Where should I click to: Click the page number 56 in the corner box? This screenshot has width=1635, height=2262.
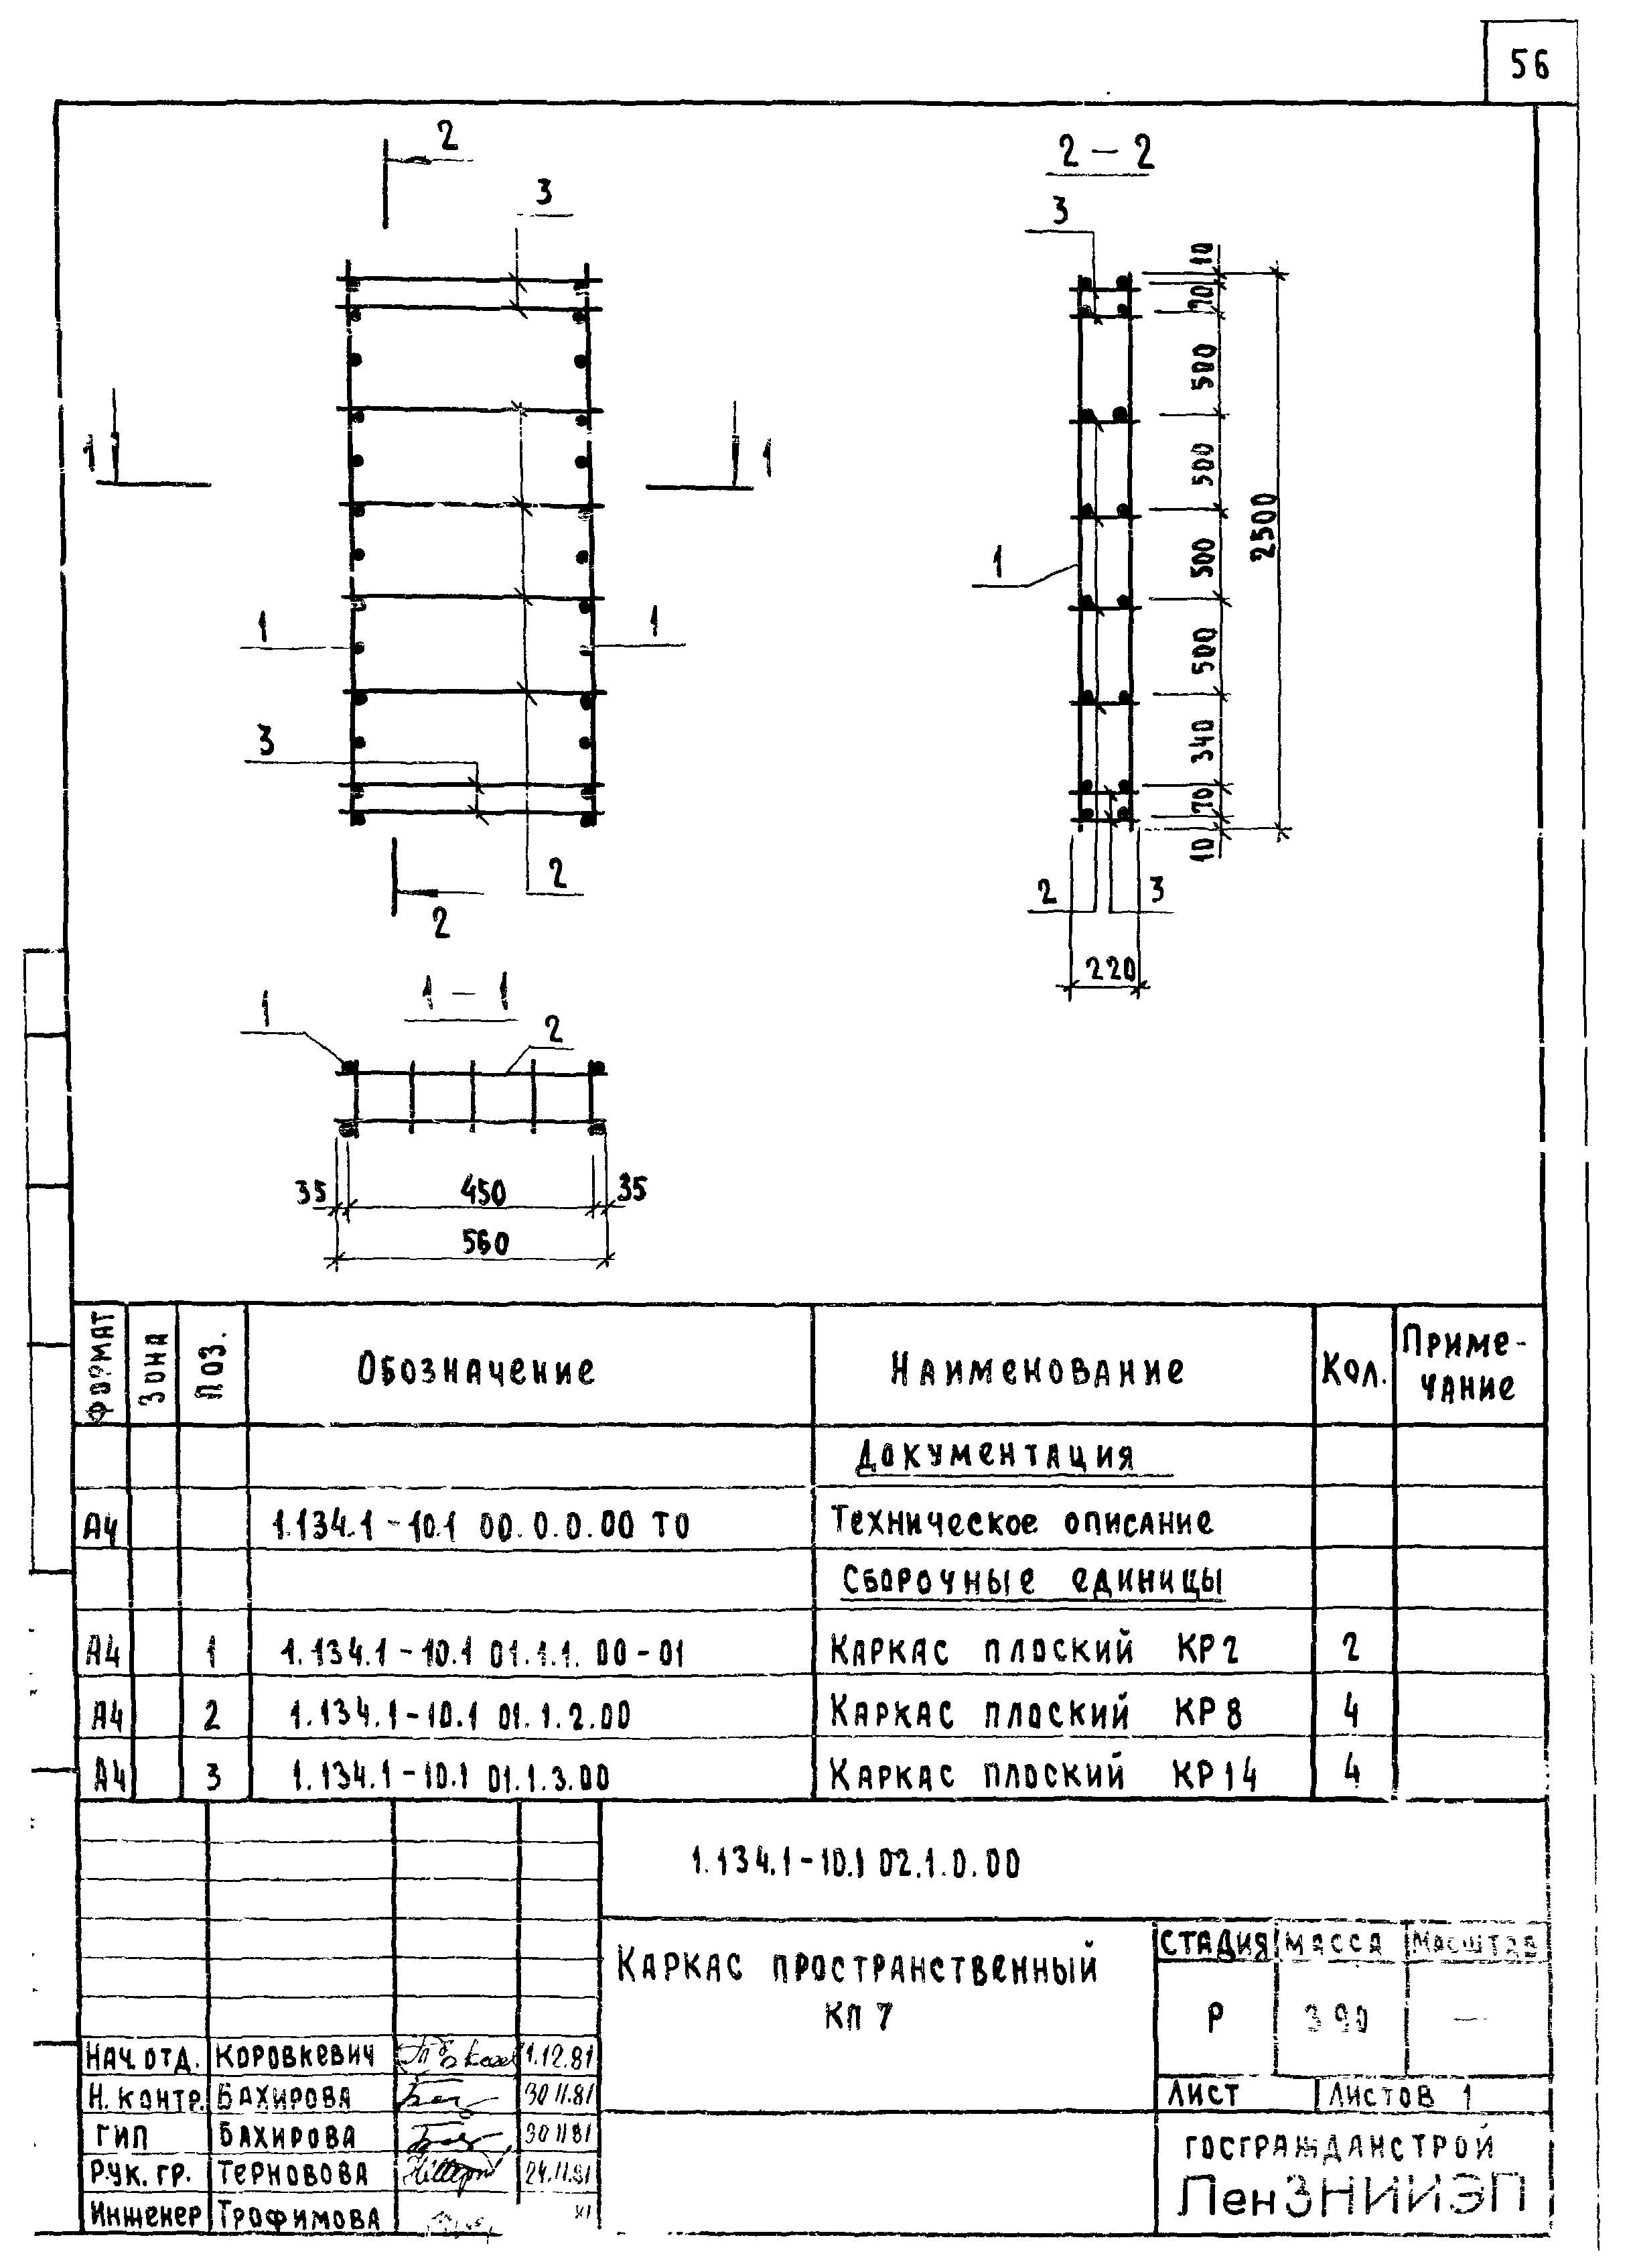coord(1529,66)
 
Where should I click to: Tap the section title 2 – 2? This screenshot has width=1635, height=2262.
coord(1106,153)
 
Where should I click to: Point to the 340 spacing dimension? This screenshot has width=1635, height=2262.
coord(1204,739)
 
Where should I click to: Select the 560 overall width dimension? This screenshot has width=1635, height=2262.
coord(486,1243)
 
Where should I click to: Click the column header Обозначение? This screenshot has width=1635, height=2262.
coord(476,1371)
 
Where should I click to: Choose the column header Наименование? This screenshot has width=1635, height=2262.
coord(1038,1371)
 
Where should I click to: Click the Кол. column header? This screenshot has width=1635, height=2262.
coord(1354,1373)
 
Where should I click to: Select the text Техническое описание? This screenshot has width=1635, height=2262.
coord(1022,1522)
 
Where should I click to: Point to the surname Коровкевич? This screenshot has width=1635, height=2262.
coord(295,2056)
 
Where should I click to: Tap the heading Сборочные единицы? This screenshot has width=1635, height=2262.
coord(1032,1582)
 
